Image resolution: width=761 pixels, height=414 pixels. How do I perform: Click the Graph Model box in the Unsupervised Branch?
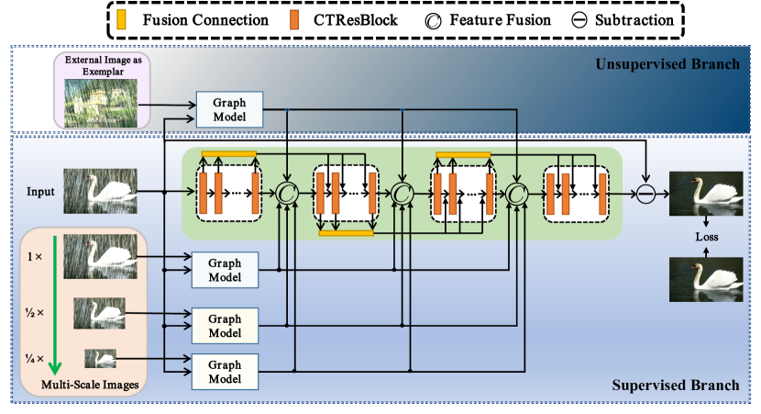(229, 109)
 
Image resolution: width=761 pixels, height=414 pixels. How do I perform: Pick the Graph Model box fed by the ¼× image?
(225, 370)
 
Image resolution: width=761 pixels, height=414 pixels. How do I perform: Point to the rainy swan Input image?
(100, 192)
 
